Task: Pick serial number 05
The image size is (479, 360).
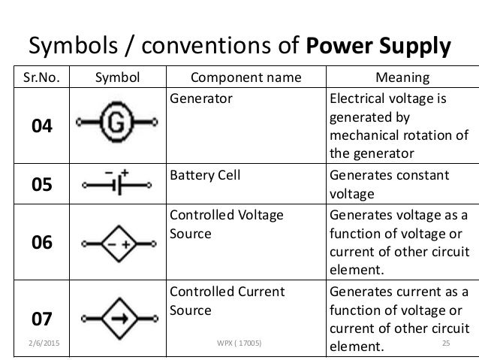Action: [41, 184]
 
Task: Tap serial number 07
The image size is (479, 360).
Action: [41, 318]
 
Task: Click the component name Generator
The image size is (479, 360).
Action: [199, 96]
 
